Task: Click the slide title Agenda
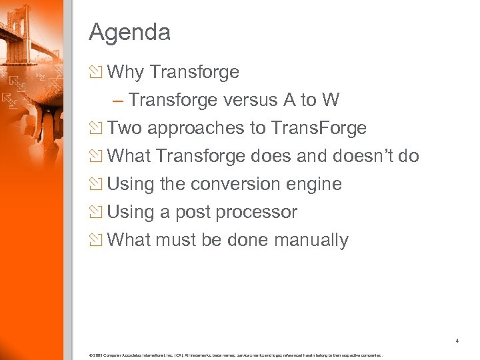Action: (x=129, y=32)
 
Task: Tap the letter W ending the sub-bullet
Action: (x=330, y=100)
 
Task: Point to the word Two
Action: (x=125, y=128)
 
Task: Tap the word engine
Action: (x=317, y=184)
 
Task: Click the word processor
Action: (x=259, y=212)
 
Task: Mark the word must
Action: (x=177, y=240)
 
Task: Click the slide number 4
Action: (x=457, y=341)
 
